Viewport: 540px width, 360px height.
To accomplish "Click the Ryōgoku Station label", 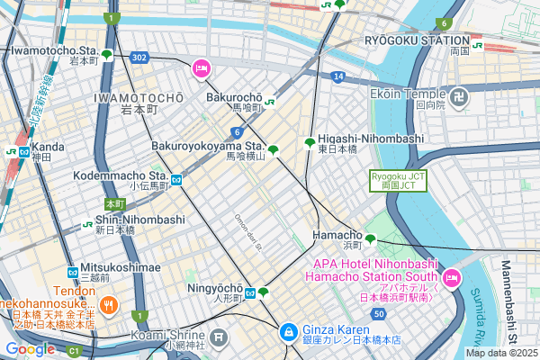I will pyautogui.click(x=417, y=40).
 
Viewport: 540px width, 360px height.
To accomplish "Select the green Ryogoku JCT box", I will pyautogui.click(x=397, y=180).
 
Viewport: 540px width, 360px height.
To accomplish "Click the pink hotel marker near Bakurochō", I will pyautogui.click(x=201, y=67).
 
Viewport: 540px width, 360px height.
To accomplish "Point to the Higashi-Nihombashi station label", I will pyautogui.click(x=370, y=138).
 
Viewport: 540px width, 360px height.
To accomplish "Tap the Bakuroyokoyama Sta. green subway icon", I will pyautogui.click(x=273, y=150).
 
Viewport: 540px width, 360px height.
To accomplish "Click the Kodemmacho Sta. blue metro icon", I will pyautogui.click(x=177, y=179).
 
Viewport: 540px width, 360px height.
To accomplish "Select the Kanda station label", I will pyautogui.click(x=48, y=147).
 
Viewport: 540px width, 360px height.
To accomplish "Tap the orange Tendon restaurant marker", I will pyautogui.click(x=107, y=304).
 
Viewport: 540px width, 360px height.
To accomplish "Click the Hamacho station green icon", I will pyautogui.click(x=370, y=240).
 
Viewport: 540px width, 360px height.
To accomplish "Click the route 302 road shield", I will pyautogui.click(x=139, y=57).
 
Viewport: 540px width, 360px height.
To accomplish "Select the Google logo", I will pyautogui.click(x=30, y=348).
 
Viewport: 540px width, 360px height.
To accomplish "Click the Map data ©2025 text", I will pyautogui.click(x=500, y=352).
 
